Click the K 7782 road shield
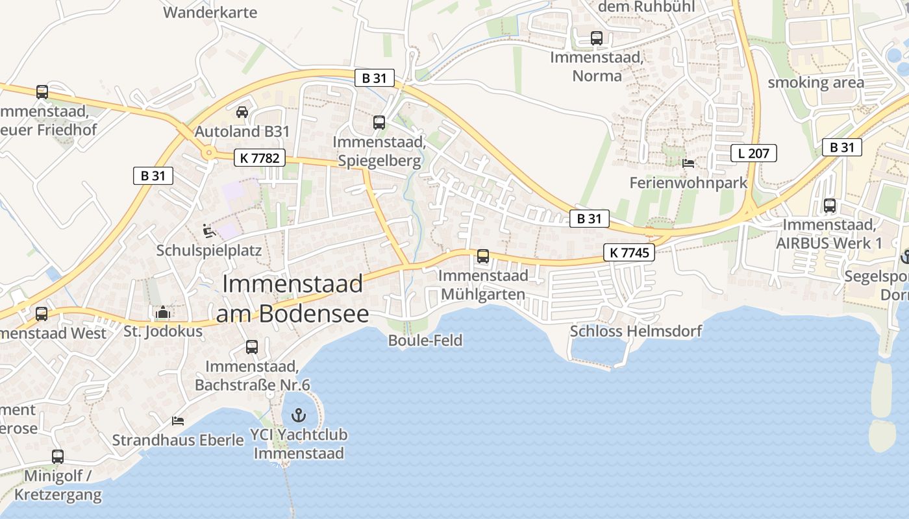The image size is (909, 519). (260, 158)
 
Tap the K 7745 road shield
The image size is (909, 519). (629, 253)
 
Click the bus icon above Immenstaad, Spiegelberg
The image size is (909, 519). (379, 122)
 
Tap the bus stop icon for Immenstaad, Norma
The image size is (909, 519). (597, 38)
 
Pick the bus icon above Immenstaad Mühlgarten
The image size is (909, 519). (483, 256)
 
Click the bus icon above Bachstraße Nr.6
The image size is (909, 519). (252, 347)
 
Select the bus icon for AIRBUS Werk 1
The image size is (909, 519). (830, 206)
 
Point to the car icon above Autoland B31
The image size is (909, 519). (242, 112)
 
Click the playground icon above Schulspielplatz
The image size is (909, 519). (208, 230)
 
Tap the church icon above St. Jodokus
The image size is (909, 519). (163, 313)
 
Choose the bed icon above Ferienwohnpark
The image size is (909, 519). (688, 163)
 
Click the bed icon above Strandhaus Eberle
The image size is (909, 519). (178, 421)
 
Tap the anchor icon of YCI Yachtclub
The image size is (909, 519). (299, 415)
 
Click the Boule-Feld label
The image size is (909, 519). (425, 340)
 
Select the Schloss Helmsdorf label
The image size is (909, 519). (636, 332)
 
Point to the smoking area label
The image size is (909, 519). (816, 82)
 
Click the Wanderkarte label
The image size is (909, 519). (210, 12)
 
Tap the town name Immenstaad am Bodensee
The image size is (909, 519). (292, 299)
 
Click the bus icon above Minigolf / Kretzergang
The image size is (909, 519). (58, 457)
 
